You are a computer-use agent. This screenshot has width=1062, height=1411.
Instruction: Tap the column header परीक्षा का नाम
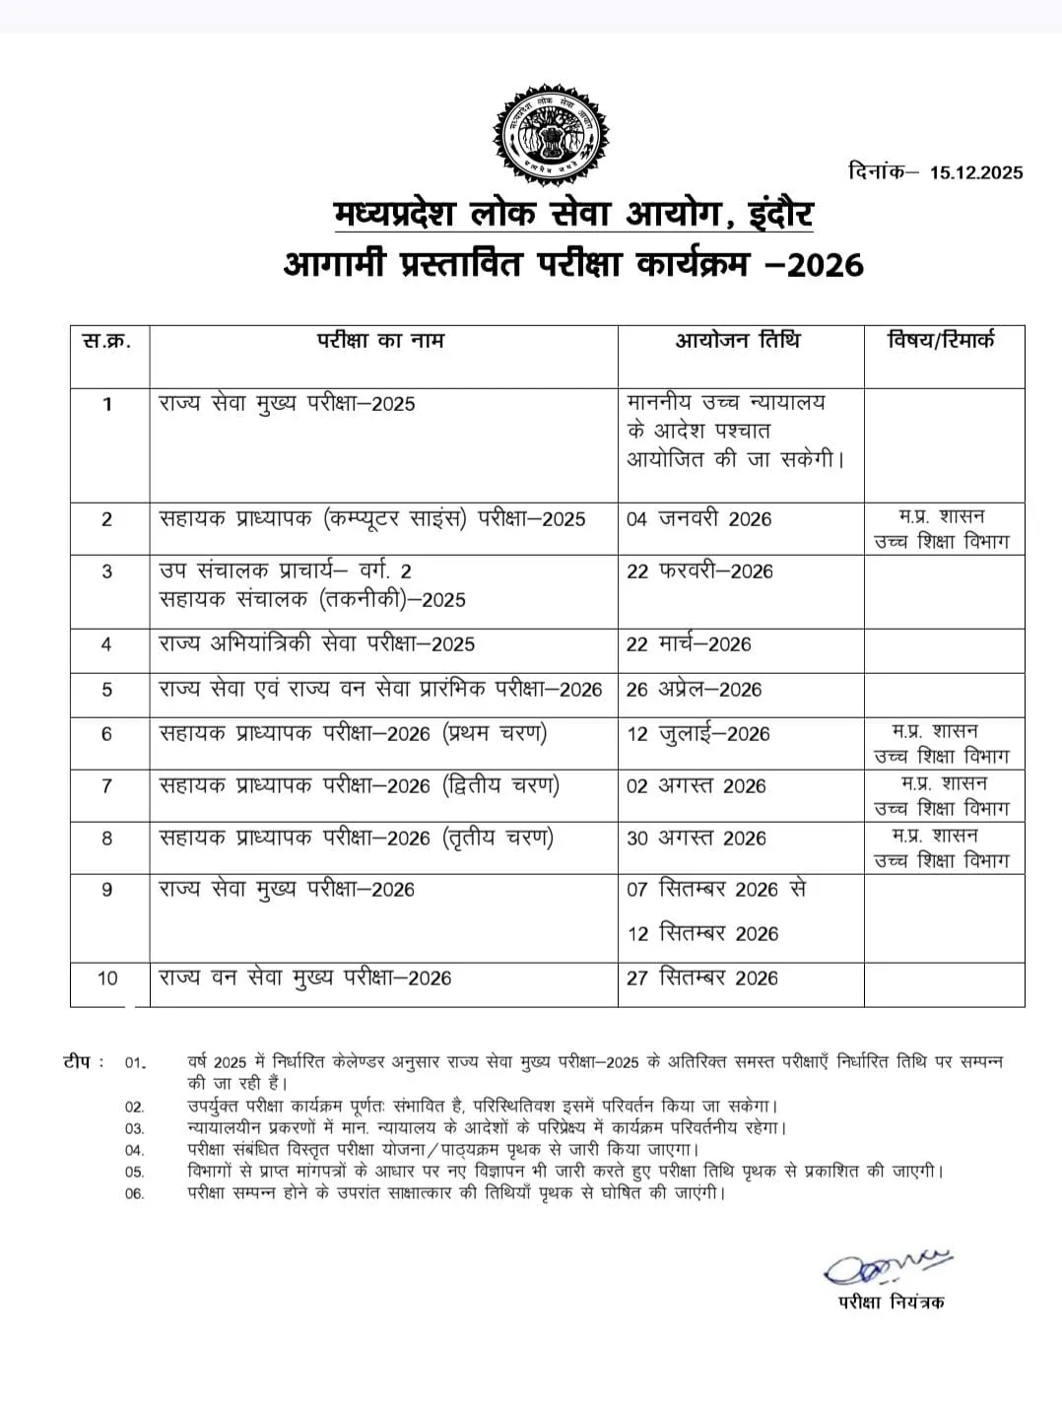pos(380,341)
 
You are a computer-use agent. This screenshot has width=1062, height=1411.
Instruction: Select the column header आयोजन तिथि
pos(738,341)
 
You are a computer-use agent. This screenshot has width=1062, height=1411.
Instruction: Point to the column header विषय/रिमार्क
pos(942,341)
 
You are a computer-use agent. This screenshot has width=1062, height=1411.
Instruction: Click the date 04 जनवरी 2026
pos(698,519)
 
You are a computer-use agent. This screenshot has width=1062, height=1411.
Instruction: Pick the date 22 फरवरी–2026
pos(699,571)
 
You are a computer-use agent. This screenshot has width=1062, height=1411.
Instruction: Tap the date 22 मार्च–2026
pos(689,644)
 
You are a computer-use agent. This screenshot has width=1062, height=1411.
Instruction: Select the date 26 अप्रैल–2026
pos(694,690)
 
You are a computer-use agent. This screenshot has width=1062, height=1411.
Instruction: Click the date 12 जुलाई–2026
pos(697,734)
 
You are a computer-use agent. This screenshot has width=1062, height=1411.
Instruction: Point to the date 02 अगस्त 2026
pos(696,786)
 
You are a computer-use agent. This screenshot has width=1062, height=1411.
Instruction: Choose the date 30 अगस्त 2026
pos(696,839)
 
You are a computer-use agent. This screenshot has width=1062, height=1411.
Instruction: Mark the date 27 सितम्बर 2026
pos(702,978)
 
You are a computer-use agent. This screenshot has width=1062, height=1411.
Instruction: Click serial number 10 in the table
pos(107,978)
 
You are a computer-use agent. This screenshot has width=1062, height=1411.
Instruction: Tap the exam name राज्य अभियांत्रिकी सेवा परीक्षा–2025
pos(316,644)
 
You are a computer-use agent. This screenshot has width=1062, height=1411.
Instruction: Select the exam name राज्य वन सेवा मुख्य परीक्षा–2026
pos(305,978)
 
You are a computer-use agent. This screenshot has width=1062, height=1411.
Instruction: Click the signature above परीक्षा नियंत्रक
pos(887,1266)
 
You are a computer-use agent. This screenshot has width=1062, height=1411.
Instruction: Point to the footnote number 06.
pos(134,1194)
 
